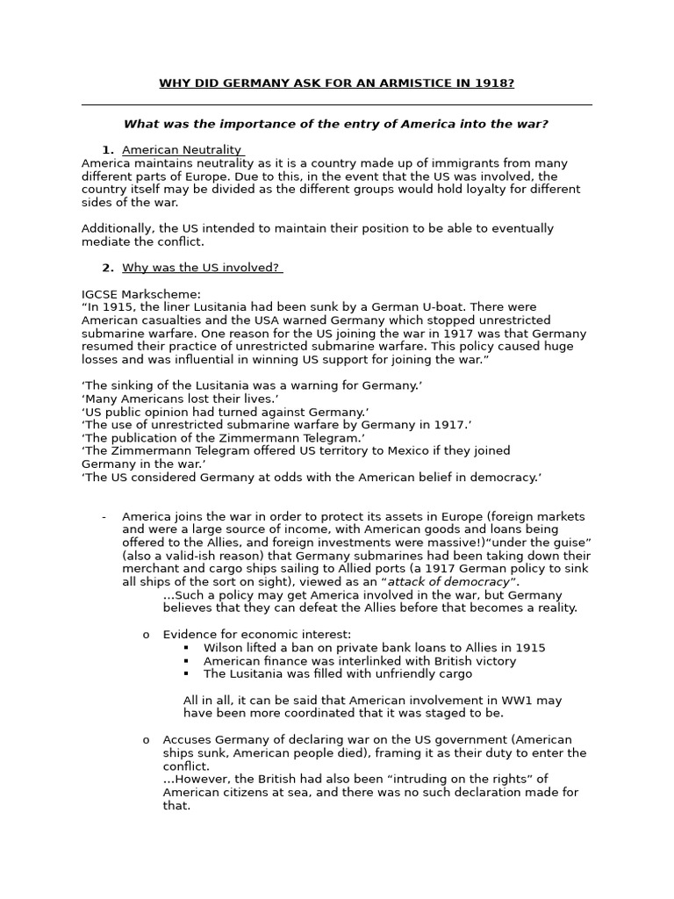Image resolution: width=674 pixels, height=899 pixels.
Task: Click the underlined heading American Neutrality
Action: coord(182,150)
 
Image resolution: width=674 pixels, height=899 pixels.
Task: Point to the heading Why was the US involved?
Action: coord(201,268)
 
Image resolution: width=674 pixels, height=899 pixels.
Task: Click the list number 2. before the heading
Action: coord(108,268)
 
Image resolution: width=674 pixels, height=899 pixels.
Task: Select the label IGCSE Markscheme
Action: coord(141,294)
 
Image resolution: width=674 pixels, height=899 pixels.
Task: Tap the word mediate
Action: coord(107,241)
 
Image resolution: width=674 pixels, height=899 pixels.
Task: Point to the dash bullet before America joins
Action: coord(104,516)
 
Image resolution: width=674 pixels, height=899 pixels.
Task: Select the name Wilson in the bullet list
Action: coord(222,648)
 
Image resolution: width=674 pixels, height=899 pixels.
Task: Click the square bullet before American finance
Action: coord(187,661)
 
